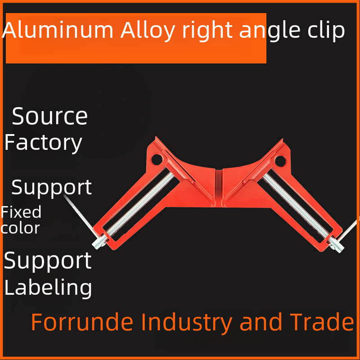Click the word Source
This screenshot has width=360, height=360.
(49, 117)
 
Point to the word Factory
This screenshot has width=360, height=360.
(43, 143)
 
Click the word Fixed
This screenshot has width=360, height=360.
(21, 212)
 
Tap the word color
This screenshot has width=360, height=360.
(20, 228)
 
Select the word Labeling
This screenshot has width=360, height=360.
(48, 288)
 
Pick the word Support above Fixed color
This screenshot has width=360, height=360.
(51, 188)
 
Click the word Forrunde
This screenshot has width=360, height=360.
(82, 322)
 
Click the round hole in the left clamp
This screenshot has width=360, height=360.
(157, 158)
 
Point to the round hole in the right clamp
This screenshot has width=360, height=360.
(280, 159)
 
